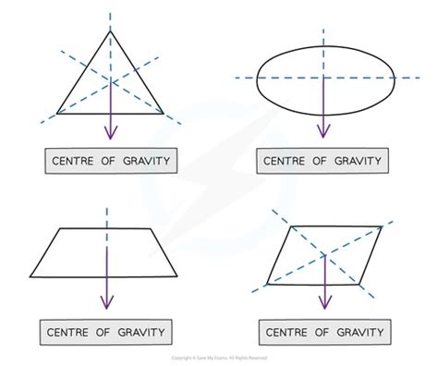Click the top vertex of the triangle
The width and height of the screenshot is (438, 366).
pyautogui.click(x=111, y=30)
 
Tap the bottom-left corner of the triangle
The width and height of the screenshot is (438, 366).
pyautogui.click(x=58, y=114)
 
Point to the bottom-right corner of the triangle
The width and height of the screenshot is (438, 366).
pyautogui.click(x=164, y=114)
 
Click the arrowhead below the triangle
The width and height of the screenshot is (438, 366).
pyautogui.click(x=111, y=134)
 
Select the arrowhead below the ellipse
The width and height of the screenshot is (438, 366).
pyautogui.click(x=322, y=134)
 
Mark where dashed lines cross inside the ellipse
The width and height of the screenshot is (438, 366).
pyautogui.click(x=322, y=79)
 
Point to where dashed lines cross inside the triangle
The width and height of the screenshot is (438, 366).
pyautogui.click(x=111, y=80)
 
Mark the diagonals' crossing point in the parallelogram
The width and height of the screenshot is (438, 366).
pyautogui.click(x=322, y=253)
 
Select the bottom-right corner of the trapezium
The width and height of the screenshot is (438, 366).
pyautogui.click(x=177, y=274)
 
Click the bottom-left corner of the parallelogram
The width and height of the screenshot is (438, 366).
pyautogui.click(x=267, y=282)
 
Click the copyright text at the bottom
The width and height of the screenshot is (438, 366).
pyautogui.click(x=219, y=357)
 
